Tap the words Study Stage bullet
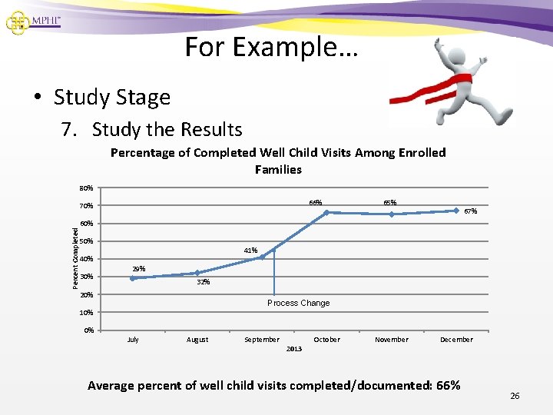(x=112, y=98)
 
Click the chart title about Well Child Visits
(x=278, y=161)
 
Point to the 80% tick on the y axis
(x=86, y=188)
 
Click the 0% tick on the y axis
(x=88, y=330)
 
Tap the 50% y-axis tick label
(x=86, y=241)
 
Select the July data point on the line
(x=133, y=278)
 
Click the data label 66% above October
(x=316, y=203)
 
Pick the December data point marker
(x=456, y=210)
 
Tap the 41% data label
(x=250, y=251)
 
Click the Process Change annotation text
(x=298, y=303)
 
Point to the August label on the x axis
(x=197, y=340)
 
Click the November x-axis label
(x=392, y=340)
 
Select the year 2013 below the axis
(x=294, y=349)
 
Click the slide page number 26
(x=515, y=396)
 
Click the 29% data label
(x=139, y=269)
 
